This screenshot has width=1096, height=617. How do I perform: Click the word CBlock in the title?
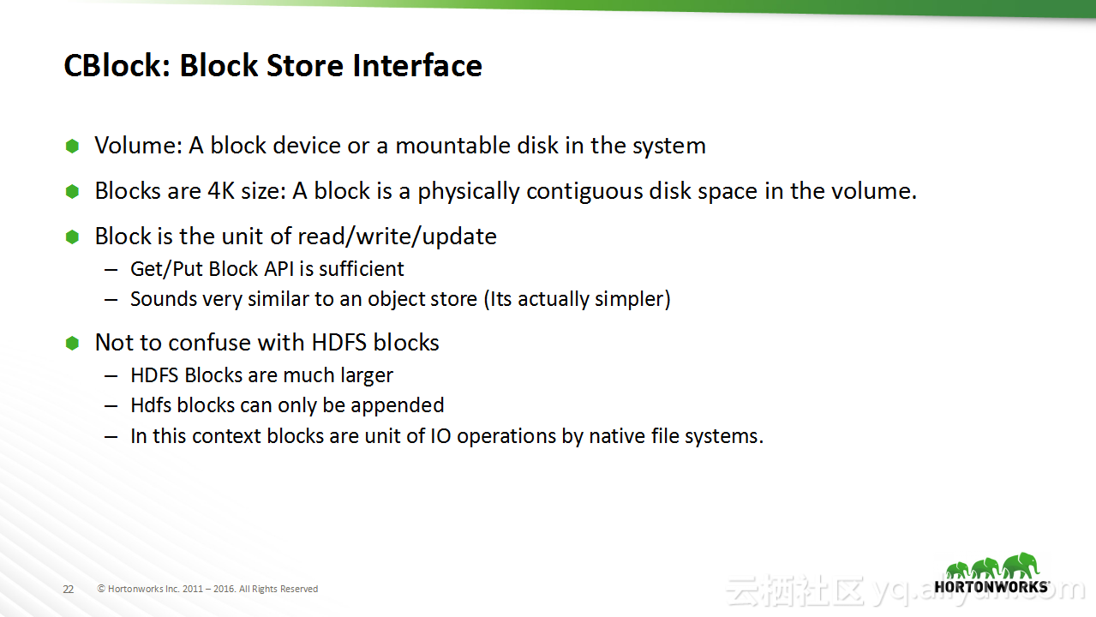click(x=117, y=66)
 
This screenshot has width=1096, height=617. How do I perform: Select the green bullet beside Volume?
click(x=73, y=146)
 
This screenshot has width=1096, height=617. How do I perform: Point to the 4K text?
click(x=221, y=191)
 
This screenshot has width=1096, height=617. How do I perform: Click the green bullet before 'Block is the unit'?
click(x=73, y=237)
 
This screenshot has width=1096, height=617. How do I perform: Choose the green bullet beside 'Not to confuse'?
click(x=73, y=343)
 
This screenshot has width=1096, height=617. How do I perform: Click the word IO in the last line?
click(x=440, y=436)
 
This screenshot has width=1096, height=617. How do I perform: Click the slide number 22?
click(x=68, y=589)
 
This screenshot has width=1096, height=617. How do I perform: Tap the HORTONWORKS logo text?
click(x=991, y=587)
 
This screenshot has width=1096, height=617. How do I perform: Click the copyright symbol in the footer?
click(x=101, y=589)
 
